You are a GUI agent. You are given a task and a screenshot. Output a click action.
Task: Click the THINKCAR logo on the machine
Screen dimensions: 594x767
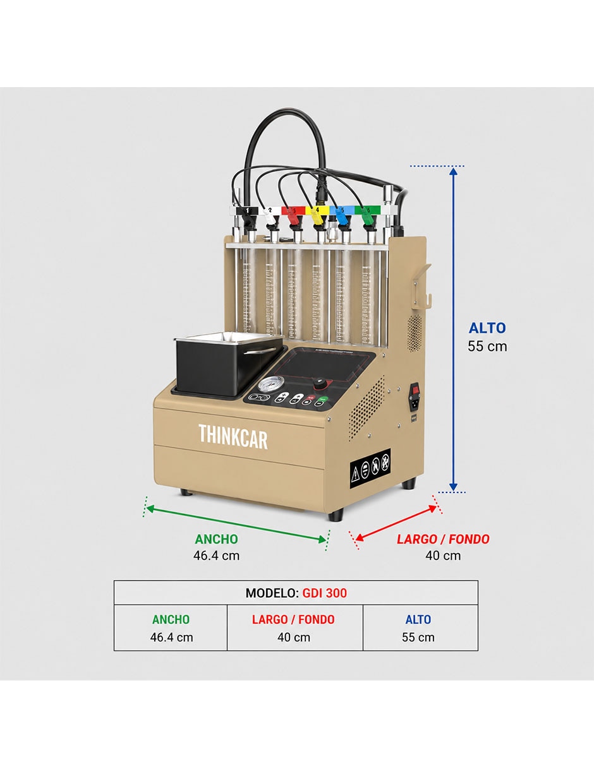(x=233, y=437)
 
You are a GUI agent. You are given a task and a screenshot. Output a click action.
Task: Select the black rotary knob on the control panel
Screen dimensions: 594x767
(x=320, y=381)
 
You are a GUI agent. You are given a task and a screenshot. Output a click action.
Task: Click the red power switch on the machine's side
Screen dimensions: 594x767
(x=416, y=390)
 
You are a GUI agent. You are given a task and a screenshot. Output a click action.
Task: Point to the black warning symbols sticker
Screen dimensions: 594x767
(x=370, y=469)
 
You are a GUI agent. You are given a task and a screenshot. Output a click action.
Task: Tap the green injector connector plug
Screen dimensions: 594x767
(x=368, y=217)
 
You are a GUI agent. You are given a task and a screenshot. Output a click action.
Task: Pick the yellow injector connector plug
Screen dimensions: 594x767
(x=317, y=217)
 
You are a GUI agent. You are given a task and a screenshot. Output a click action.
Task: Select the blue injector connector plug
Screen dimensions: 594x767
(x=341, y=217)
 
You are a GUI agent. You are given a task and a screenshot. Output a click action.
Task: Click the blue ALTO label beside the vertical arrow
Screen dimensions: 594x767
(x=487, y=328)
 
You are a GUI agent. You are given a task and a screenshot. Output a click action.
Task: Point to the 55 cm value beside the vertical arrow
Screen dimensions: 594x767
(x=487, y=347)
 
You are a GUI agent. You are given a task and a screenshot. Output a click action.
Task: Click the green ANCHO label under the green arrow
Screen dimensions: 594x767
(x=216, y=539)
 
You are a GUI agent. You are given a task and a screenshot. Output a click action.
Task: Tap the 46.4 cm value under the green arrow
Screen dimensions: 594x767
(x=216, y=556)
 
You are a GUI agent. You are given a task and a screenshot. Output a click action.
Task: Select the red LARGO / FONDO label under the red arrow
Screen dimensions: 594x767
(x=443, y=539)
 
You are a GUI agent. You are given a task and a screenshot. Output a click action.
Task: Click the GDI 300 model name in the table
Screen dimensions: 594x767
(x=325, y=593)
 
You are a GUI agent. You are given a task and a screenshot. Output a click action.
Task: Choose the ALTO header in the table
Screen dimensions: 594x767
(x=418, y=619)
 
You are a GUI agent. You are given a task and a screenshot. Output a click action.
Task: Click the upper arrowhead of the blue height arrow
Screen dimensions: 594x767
(x=454, y=172)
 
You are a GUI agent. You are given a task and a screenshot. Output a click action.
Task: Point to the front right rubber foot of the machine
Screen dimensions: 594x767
(x=336, y=514)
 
